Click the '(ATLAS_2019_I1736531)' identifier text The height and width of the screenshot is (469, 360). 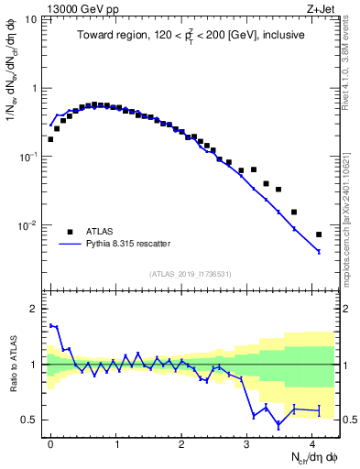189,273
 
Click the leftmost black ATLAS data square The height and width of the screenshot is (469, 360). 50,139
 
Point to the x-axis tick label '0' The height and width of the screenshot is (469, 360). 50,442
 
